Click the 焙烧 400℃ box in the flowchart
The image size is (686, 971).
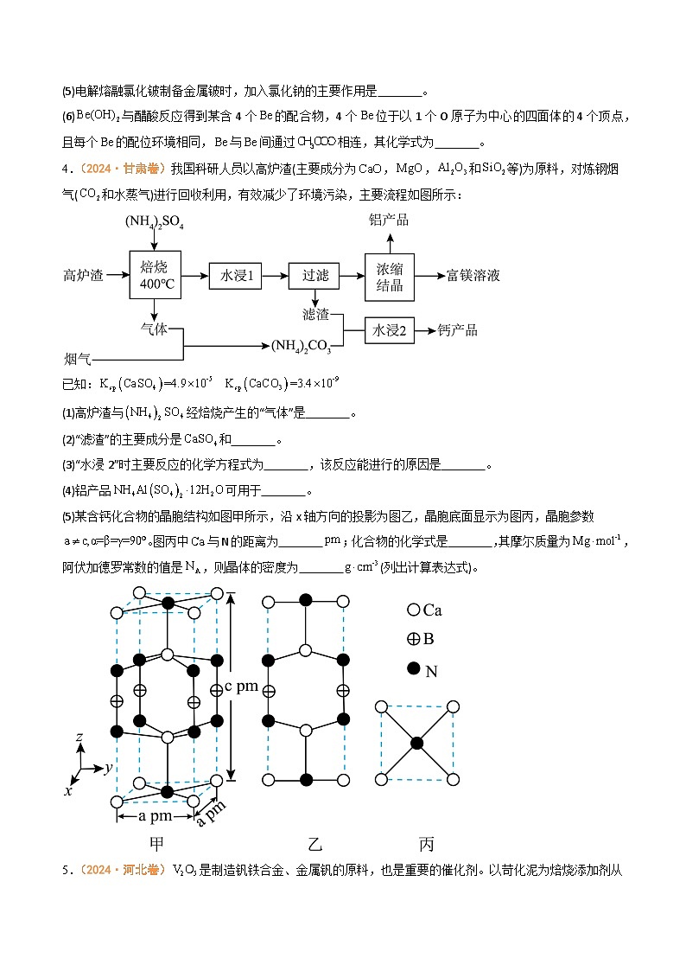coord(155,275)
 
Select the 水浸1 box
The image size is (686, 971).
coord(234,275)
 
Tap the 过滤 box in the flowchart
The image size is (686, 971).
coord(314,275)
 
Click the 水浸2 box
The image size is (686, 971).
coord(390,330)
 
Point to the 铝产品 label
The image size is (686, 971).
coord(389,220)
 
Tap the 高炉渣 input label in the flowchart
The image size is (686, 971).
coord(83,275)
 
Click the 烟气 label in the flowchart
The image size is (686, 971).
coord(77,358)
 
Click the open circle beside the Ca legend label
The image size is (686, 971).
coord(413,610)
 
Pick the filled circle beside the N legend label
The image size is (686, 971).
coord(413,668)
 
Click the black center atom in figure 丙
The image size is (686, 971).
coord(417,743)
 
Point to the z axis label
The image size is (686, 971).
coord(79,738)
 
